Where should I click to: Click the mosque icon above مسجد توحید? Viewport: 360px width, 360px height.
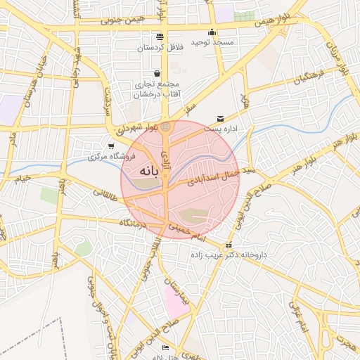pyautogui.click(x=212, y=32)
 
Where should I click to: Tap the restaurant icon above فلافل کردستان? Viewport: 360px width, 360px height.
pyautogui.click(x=160, y=36)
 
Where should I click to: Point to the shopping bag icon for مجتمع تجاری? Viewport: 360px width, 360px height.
pyautogui.click(x=157, y=73)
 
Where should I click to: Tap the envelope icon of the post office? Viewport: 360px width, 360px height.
pyautogui.click(x=221, y=119)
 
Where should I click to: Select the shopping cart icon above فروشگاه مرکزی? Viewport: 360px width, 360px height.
pyautogui.click(x=111, y=146)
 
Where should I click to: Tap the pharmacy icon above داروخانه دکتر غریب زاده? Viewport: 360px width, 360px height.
pyautogui.click(x=229, y=245)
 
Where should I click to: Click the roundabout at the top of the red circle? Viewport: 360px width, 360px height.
pyautogui.click(x=166, y=127)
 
